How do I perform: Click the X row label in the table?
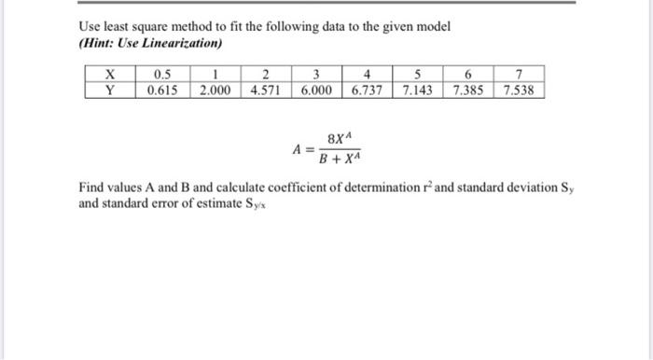pos(109,75)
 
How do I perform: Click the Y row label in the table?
pos(109,90)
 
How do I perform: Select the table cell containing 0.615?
pos(161,90)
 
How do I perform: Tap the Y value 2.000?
pos(215,90)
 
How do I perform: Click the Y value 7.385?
pos(470,90)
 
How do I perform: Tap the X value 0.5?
pos(161,75)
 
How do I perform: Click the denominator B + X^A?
pos(340,158)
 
